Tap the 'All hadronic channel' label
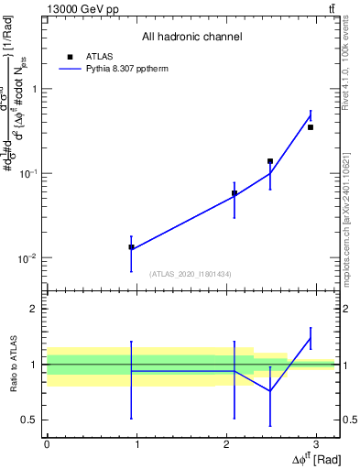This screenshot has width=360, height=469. [x=191, y=38]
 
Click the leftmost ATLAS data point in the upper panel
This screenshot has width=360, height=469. [x=131, y=247]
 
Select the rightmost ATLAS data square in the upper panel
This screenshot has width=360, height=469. [x=311, y=127]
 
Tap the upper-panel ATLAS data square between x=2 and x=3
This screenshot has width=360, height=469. [x=270, y=161]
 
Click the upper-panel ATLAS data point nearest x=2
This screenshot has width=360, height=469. [x=235, y=193]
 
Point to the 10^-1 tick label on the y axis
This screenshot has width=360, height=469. [x=28, y=174]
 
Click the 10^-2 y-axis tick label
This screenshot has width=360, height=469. [x=28, y=258]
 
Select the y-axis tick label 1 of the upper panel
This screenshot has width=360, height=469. [x=35, y=89]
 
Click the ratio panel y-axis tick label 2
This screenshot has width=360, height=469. [x=35, y=309]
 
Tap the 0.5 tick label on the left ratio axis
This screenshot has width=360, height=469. [x=30, y=420]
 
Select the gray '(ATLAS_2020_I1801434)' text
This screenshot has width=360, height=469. [x=191, y=274]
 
